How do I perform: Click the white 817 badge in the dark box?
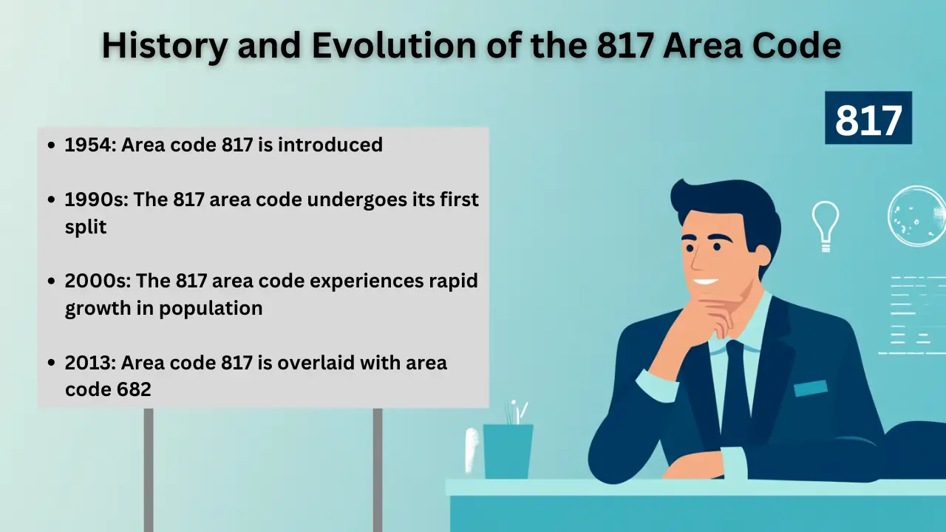868,118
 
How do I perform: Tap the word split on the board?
86,227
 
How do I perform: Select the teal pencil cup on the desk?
508,450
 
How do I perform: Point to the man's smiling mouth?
706,281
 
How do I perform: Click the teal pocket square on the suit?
810,388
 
